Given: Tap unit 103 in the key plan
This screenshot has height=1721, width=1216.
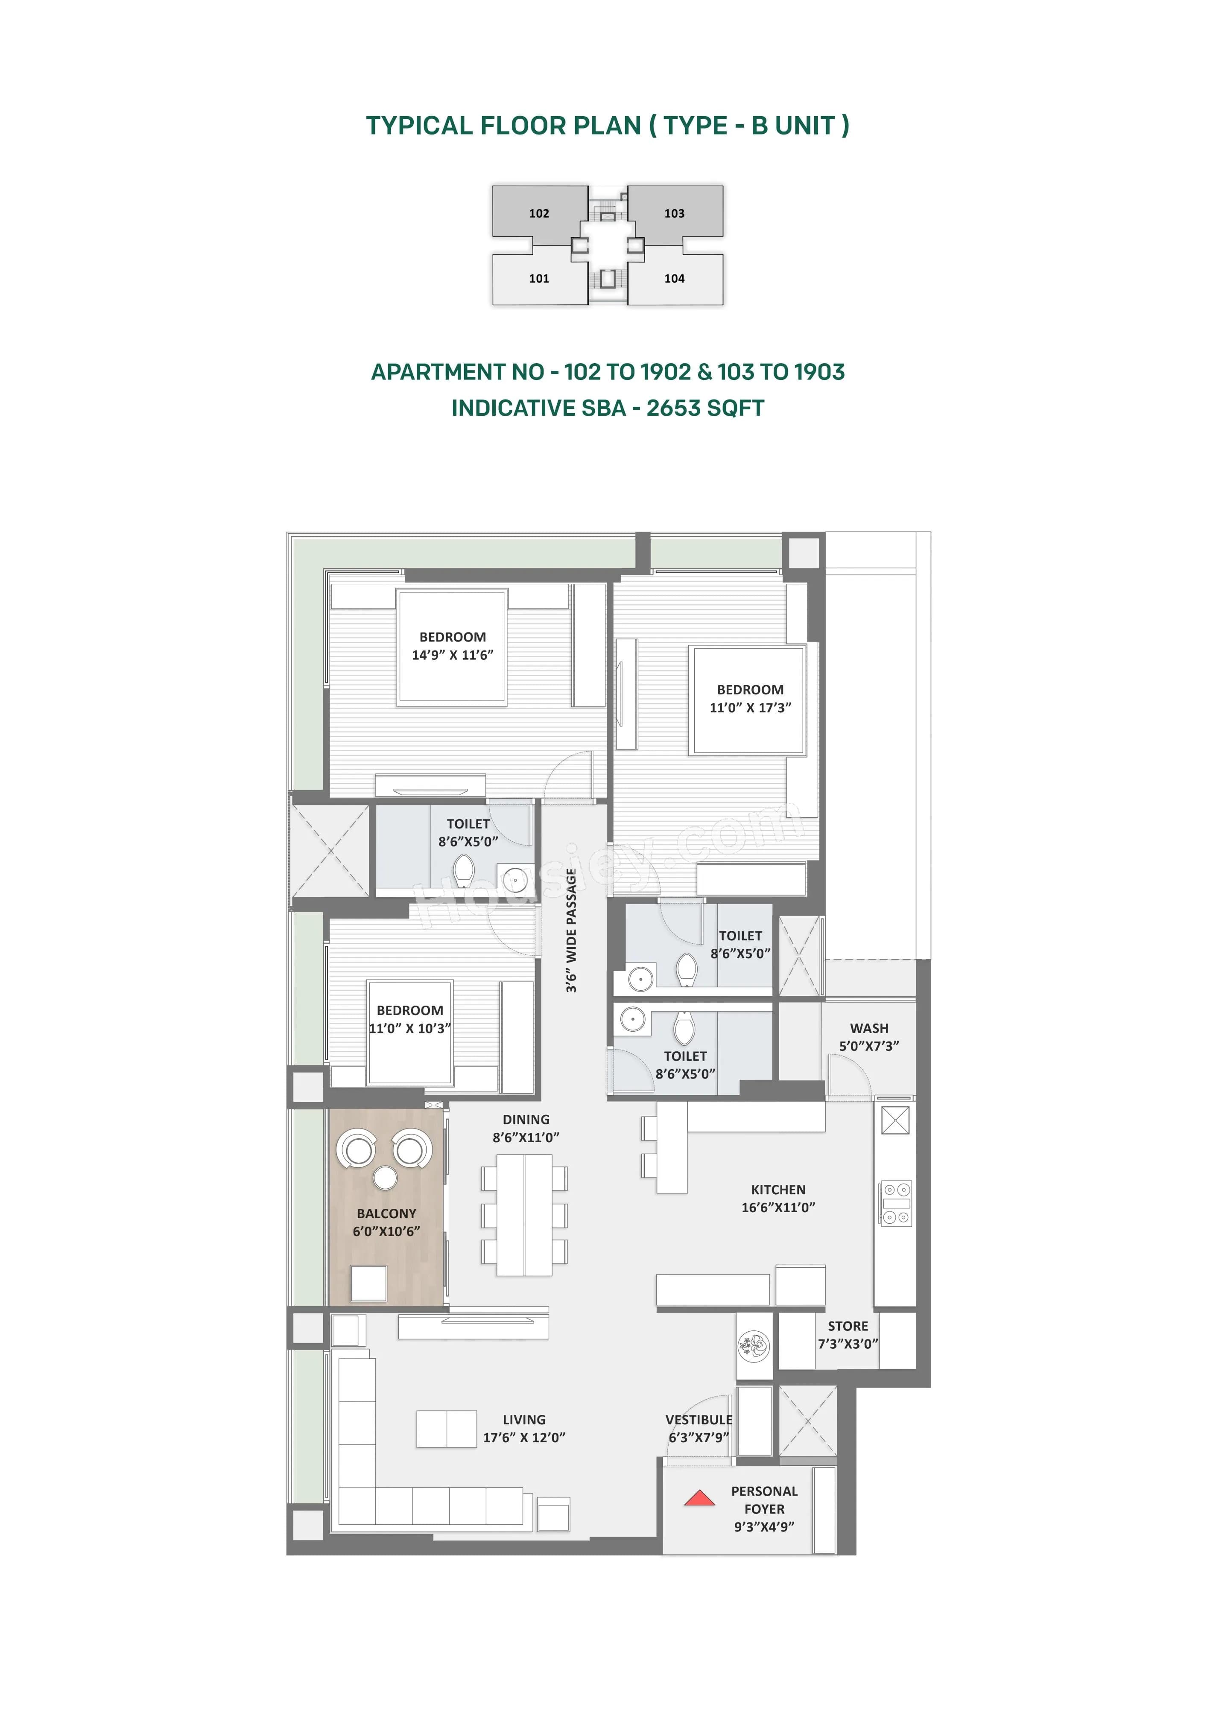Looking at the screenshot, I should (x=674, y=213).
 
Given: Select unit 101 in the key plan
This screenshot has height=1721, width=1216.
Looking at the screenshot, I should (x=538, y=279).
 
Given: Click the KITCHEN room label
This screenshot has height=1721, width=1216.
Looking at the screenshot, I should (x=778, y=1190).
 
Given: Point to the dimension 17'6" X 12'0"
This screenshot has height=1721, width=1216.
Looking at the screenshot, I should (x=524, y=1438).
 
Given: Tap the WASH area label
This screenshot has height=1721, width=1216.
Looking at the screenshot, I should (x=869, y=1028).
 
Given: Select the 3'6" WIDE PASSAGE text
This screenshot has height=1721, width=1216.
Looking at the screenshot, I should (x=571, y=930).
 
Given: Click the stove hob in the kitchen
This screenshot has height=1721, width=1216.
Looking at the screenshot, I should (x=896, y=1203).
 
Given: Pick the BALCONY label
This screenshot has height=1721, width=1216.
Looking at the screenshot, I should (x=386, y=1213).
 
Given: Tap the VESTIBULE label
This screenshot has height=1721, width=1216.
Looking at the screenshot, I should (x=699, y=1420).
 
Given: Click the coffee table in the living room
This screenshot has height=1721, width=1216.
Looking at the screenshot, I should (x=447, y=1429).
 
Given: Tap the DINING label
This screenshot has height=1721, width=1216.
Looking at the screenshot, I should (x=526, y=1120).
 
